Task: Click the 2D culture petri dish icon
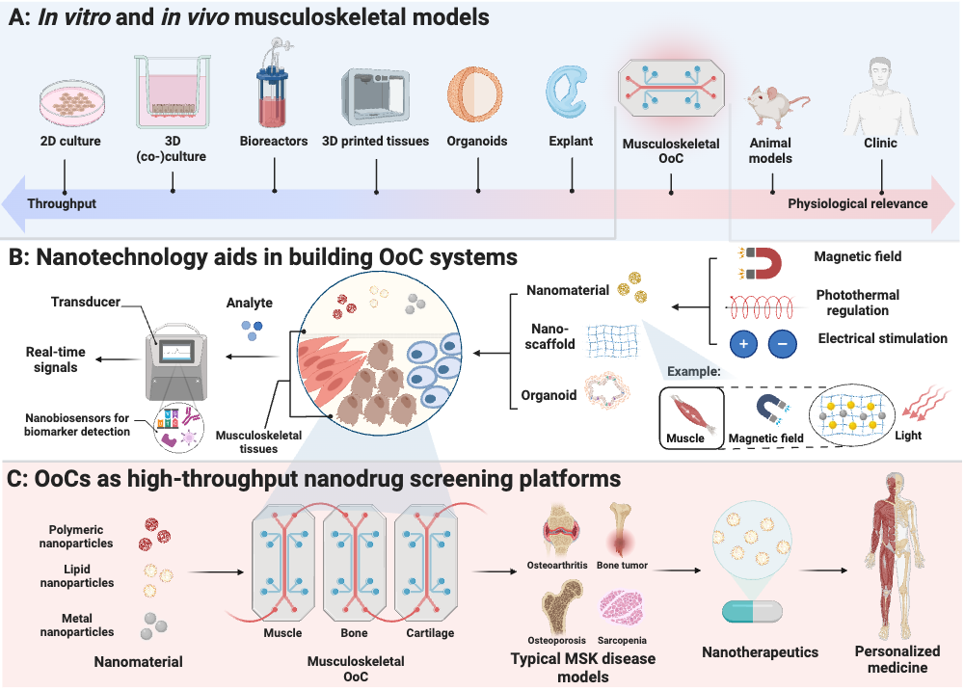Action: (72, 102)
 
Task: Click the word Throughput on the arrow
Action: (62, 203)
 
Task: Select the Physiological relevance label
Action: (858, 203)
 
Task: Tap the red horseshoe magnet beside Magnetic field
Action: (763, 263)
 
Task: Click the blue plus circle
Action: (744, 343)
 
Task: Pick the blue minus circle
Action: (783, 343)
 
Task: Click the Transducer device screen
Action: (176, 352)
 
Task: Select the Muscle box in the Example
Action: (691, 418)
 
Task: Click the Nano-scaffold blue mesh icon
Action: (613, 340)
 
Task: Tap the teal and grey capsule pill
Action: (752, 612)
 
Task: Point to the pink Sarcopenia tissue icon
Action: (621, 607)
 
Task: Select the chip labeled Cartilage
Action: (427, 563)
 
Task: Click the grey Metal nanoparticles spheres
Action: (153, 626)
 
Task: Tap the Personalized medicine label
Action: (897, 659)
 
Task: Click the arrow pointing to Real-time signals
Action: (118, 359)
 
